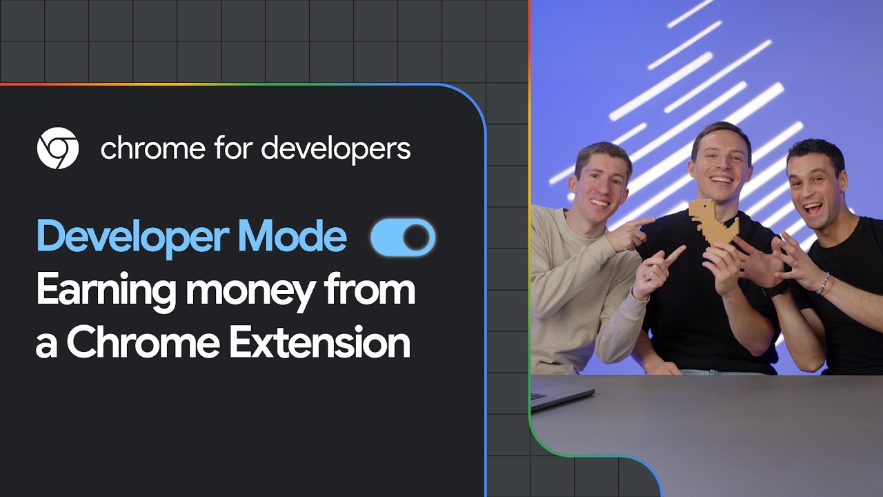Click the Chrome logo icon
point(57,148)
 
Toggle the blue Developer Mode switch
point(403,237)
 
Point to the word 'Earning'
point(103,291)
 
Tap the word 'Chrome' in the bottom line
point(143,343)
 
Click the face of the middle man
point(721,165)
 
